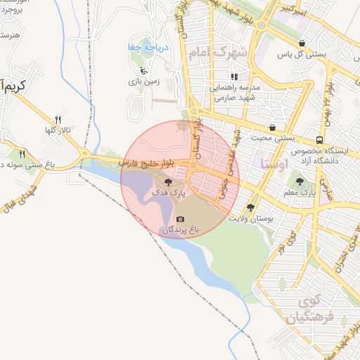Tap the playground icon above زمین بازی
(x=144, y=70)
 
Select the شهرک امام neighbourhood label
(x=219, y=53)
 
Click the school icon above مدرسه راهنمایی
(x=234, y=76)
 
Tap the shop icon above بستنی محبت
(x=272, y=127)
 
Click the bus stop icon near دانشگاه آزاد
(x=320, y=139)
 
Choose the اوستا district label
(x=274, y=165)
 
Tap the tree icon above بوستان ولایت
(x=250, y=207)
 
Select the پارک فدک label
(x=167, y=193)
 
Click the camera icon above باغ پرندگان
(x=181, y=219)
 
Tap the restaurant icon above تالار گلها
(x=58, y=120)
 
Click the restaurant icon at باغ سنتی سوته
(x=22, y=153)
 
